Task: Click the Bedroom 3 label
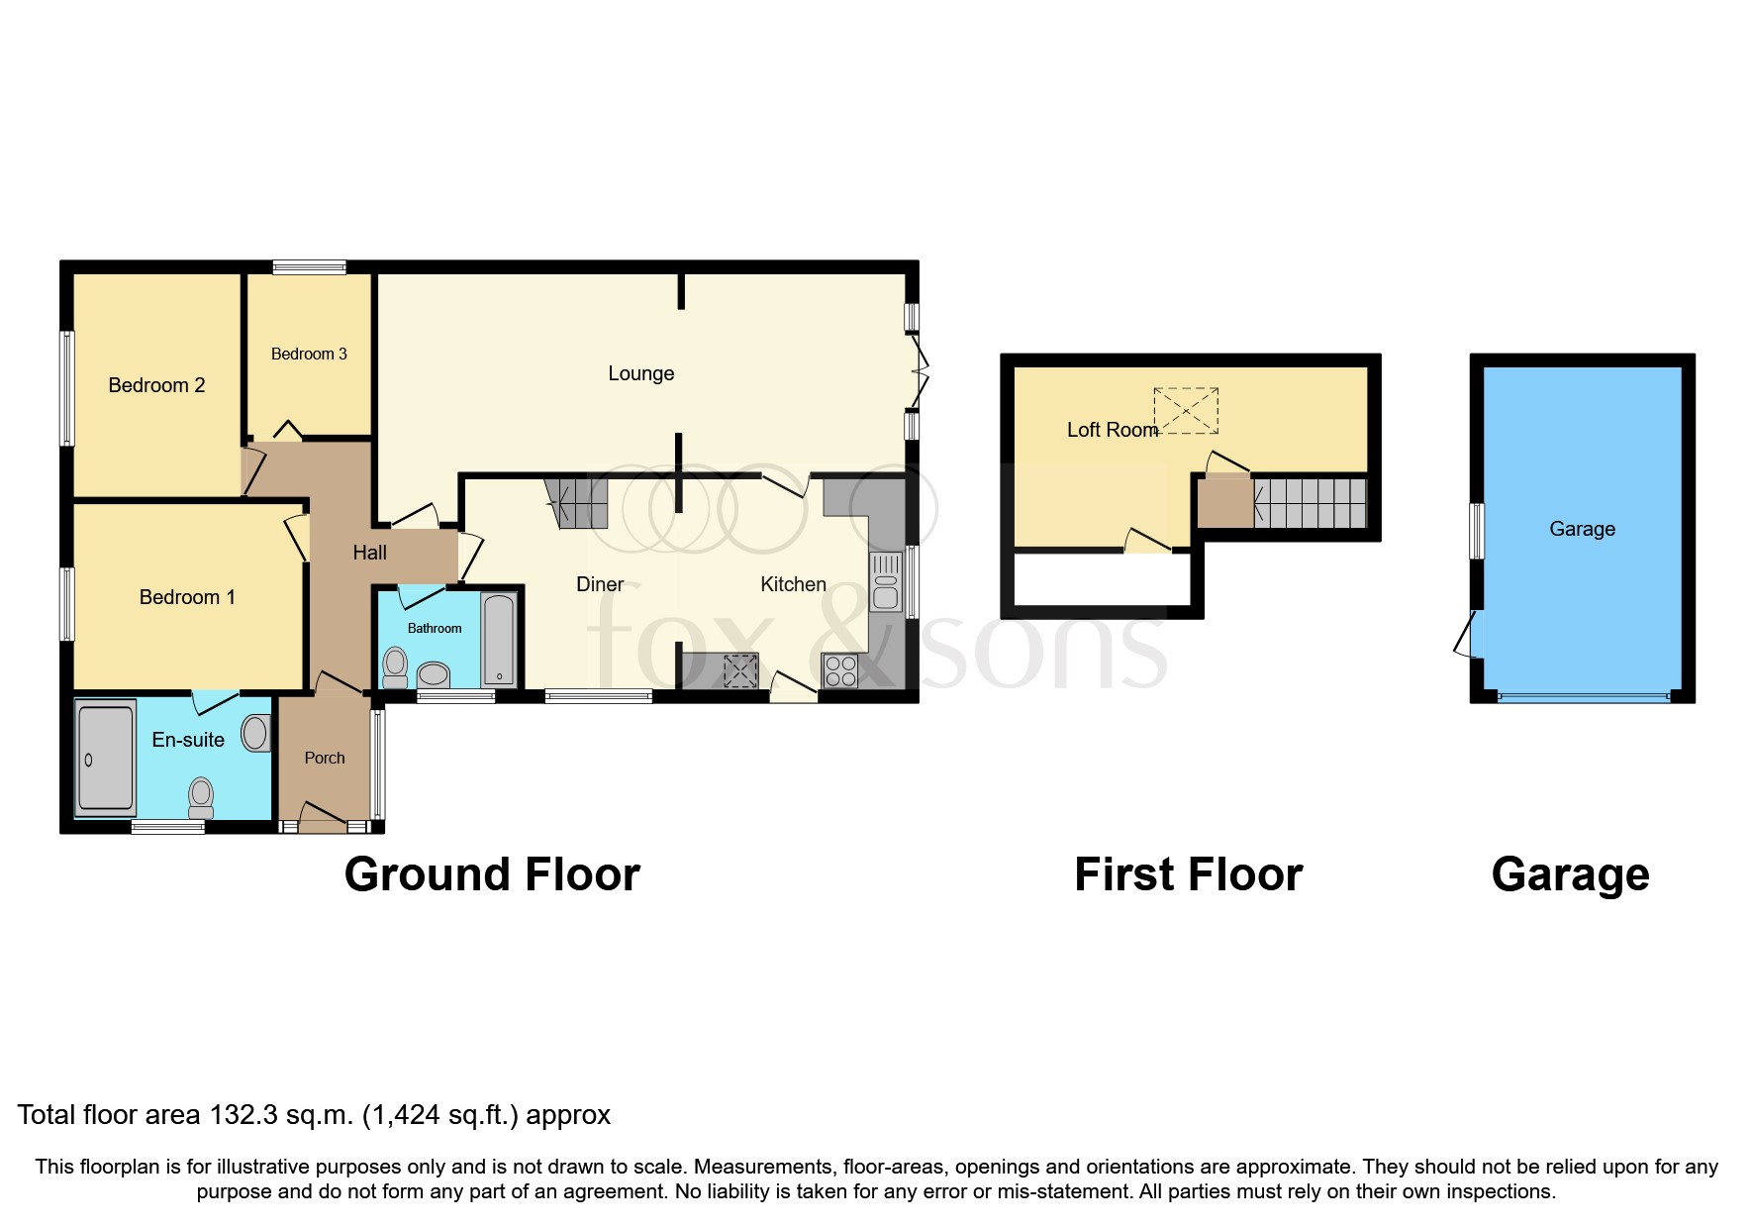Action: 309,354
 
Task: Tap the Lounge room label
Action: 640,373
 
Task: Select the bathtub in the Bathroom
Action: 499,640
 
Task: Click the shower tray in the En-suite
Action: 105,758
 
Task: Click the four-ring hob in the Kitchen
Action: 840,670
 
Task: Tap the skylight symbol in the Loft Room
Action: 1186,411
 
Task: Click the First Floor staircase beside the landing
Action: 1310,502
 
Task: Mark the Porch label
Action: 325,758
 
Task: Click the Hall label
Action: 369,553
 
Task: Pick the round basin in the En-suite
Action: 254,733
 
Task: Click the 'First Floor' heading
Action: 1188,874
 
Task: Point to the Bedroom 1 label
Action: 187,597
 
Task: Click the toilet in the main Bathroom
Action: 395,667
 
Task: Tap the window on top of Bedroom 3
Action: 310,266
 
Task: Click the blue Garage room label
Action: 1582,529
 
